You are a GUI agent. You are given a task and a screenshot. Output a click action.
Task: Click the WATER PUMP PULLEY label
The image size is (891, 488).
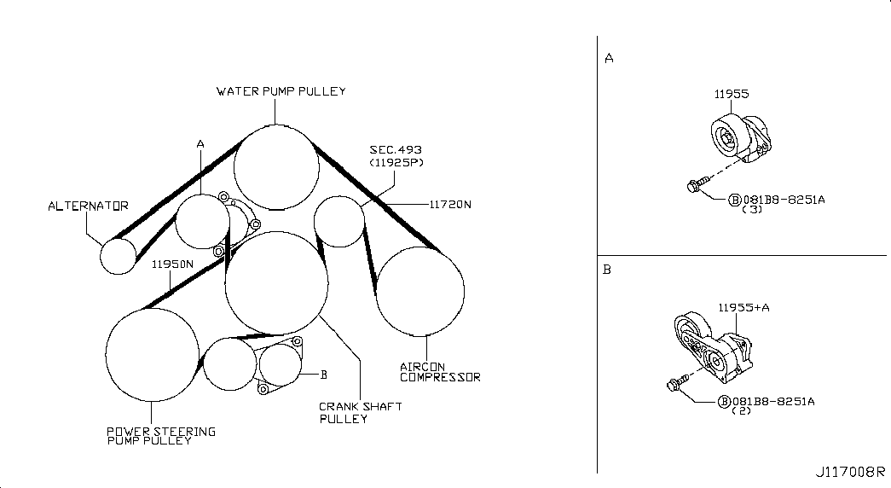click(281, 91)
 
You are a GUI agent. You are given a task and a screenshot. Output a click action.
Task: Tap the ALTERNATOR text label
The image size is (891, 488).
click(88, 206)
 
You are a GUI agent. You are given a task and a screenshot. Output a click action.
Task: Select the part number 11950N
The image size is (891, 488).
click(173, 264)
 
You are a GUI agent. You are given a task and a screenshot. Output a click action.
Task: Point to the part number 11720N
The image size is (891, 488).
click(450, 204)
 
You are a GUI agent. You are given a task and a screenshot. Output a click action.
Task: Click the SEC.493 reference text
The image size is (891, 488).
click(396, 150)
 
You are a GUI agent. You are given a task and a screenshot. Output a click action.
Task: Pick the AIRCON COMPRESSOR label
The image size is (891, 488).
click(440, 372)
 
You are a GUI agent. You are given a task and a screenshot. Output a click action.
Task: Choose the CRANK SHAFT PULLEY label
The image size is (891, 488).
click(361, 413)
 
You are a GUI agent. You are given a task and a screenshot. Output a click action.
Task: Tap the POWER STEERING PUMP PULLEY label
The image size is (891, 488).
click(161, 436)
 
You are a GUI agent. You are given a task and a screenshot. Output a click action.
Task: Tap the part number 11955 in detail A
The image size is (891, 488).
click(732, 94)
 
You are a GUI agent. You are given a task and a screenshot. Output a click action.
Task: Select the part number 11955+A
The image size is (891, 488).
click(743, 308)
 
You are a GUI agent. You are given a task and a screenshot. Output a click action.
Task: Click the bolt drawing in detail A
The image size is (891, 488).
click(698, 184)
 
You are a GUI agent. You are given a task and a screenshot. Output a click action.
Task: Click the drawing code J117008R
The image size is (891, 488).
click(850, 472)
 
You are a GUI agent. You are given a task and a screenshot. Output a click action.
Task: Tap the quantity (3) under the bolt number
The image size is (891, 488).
click(752, 209)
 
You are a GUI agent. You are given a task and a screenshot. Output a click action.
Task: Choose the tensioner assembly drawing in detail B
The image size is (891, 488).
click(714, 347)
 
